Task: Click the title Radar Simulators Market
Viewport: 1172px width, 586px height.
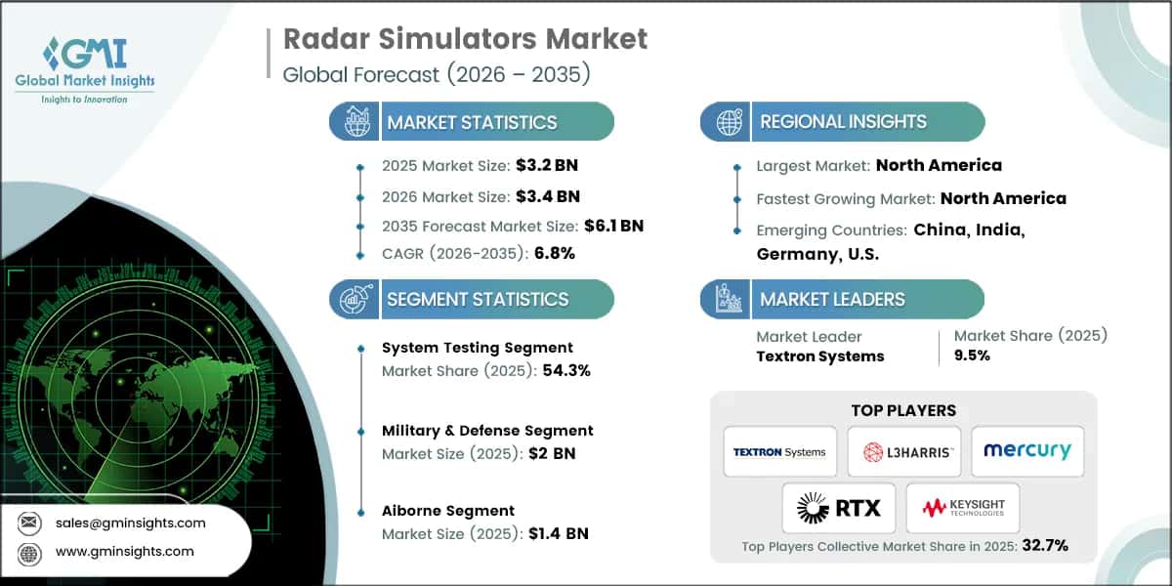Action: (x=465, y=39)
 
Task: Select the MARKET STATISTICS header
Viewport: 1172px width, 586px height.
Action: (x=472, y=122)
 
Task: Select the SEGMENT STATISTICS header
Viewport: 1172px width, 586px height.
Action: (x=478, y=299)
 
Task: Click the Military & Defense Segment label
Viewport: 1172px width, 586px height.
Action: (x=487, y=430)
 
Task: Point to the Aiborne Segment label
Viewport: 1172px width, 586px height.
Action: (x=448, y=510)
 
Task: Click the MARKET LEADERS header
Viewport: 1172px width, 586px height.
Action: (x=832, y=299)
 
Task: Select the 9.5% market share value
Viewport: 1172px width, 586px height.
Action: (x=971, y=356)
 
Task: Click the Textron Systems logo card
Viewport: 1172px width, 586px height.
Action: (x=779, y=451)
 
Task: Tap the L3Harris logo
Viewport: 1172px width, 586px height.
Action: (x=903, y=451)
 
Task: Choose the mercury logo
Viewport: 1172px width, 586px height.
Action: (x=1026, y=451)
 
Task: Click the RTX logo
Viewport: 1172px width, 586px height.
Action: (x=838, y=508)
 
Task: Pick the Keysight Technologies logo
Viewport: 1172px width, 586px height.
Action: (x=962, y=508)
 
